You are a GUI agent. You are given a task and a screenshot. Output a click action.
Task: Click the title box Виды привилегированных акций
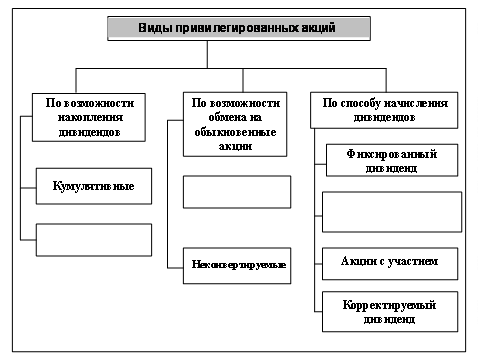coord(239,28)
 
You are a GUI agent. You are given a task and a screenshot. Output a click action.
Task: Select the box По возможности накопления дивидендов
coord(89,117)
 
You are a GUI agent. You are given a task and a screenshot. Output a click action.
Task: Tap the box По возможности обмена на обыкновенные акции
coord(235,124)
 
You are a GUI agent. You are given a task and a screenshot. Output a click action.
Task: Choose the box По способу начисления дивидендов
coord(384,110)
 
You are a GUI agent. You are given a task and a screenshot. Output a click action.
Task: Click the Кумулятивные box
coord(94,186)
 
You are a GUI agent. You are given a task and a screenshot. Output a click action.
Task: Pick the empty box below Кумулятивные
coord(94,240)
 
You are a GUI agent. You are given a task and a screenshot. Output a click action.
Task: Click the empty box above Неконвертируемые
coord(237,192)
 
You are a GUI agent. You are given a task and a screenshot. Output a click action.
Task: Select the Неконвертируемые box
coord(237,266)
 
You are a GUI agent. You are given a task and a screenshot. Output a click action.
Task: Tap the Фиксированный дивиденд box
coord(392,160)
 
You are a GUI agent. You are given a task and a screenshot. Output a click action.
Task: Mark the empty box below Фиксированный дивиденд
coord(392,212)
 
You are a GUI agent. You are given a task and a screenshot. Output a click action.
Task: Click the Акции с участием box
coord(390,264)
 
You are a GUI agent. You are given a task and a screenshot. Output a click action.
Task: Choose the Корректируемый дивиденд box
coord(390,312)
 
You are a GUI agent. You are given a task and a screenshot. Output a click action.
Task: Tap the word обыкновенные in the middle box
coord(235,132)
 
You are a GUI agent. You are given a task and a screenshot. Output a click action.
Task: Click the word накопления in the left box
coord(90,117)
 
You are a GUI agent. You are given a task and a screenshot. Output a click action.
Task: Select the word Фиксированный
coord(392,154)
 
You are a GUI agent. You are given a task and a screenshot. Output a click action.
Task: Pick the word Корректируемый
coord(389,305)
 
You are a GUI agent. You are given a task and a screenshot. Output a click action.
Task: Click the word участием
coord(413,261)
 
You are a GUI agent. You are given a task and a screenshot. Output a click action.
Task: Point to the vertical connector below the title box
coord(207,55)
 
